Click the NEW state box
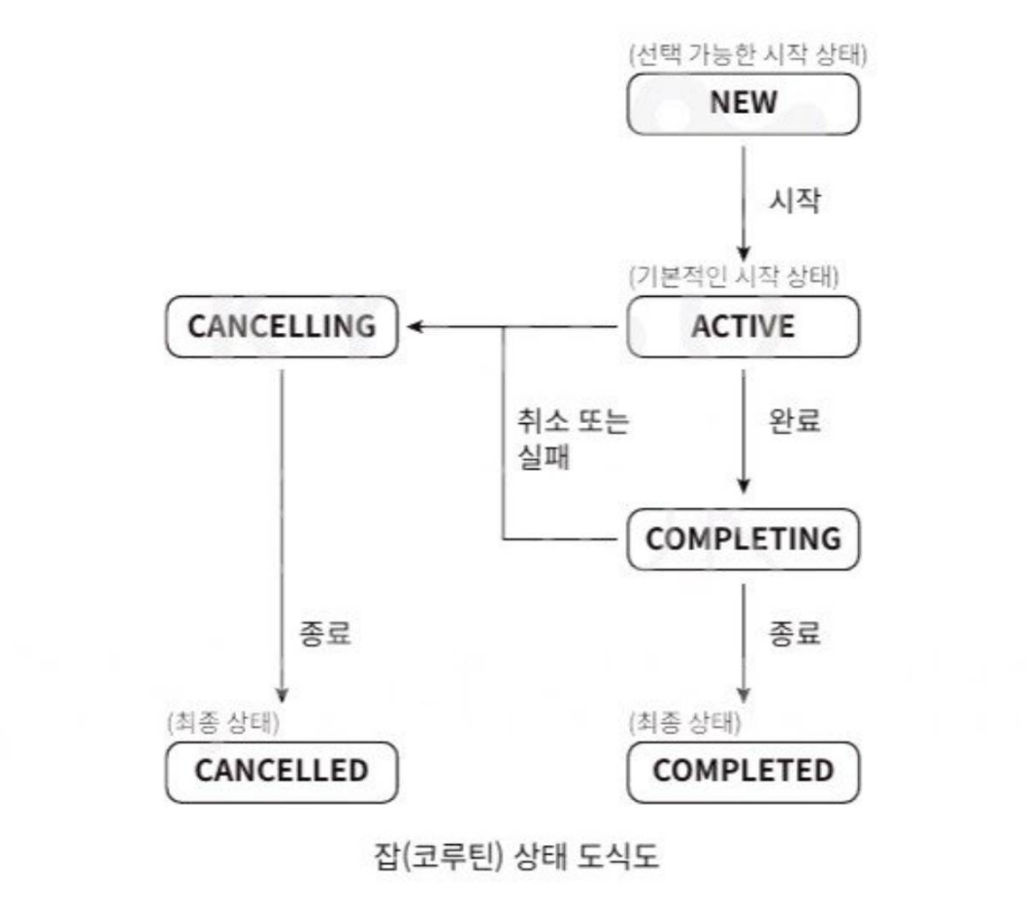[x=743, y=104]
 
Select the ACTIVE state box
[x=743, y=326]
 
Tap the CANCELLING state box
[x=282, y=326]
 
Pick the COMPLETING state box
[x=743, y=539]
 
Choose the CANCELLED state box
[x=282, y=772]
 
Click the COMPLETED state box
[x=743, y=772]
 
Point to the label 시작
[x=795, y=201]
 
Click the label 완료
[x=795, y=422]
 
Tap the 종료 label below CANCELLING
[x=324, y=634]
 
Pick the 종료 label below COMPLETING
[x=795, y=634]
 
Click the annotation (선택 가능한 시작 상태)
[x=746, y=54]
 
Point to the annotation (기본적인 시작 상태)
[x=733, y=277]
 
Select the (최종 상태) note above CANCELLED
[x=222, y=721]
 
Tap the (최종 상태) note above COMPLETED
[x=684, y=721]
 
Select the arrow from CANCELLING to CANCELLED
[x=282, y=534]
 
